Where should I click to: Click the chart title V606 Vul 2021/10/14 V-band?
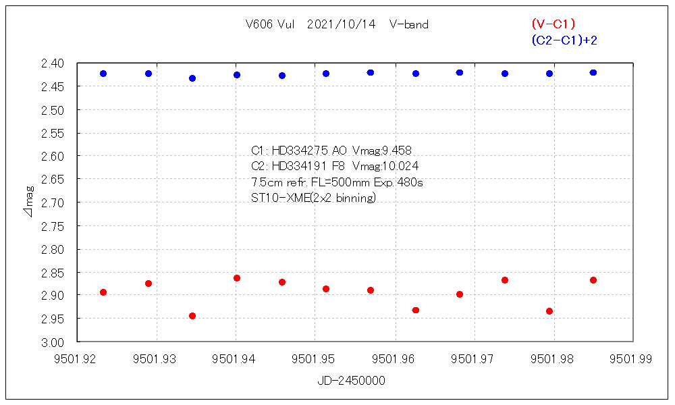click(337, 25)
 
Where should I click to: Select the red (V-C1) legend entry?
click(553, 25)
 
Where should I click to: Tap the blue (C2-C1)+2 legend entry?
click(564, 40)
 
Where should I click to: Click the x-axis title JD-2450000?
click(351, 381)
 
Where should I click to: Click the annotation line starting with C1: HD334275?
click(331, 151)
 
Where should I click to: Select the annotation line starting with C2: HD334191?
click(334, 166)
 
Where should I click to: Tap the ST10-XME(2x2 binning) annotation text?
click(313, 198)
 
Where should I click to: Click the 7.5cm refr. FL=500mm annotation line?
click(337, 182)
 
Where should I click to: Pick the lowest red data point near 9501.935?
click(192, 316)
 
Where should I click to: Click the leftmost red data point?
click(103, 292)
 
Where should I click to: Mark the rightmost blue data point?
click(593, 72)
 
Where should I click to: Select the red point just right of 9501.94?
click(237, 278)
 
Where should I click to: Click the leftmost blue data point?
click(103, 74)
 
